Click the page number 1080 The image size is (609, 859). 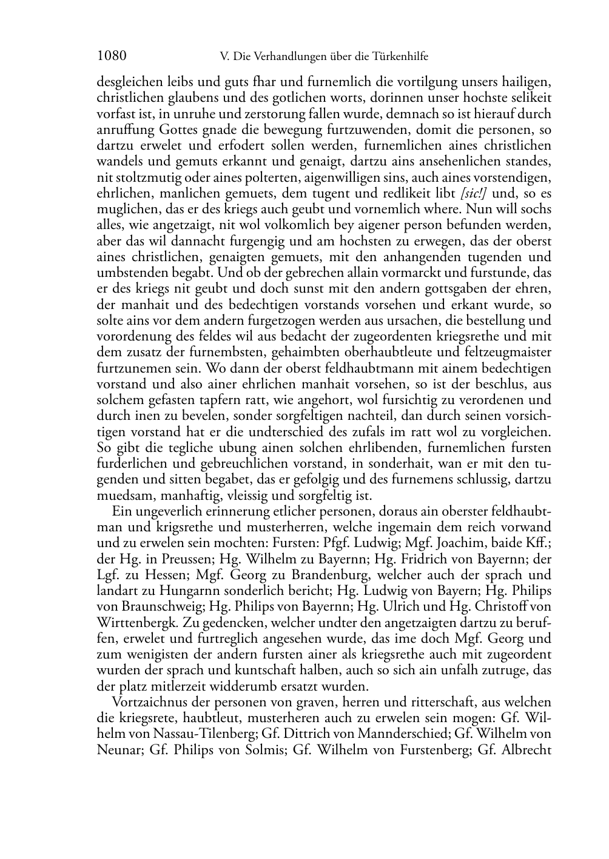pos(112,56)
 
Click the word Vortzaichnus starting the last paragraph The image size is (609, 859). pos(150,703)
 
